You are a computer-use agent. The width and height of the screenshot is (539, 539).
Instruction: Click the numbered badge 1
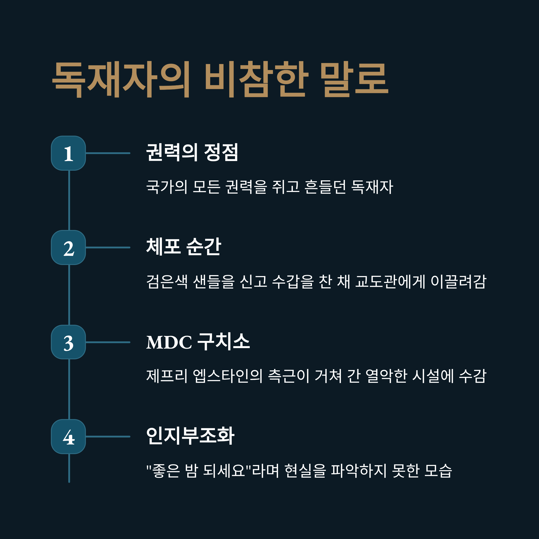click(x=68, y=153)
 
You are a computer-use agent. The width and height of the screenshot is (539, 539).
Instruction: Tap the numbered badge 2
click(x=68, y=247)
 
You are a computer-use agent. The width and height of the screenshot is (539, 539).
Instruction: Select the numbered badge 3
click(x=68, y=342)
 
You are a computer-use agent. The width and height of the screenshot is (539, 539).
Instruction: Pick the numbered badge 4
click(x=68, y=437)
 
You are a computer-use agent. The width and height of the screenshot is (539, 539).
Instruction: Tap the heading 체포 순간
click(x=183, y=247)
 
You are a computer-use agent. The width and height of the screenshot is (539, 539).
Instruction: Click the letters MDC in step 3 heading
click(x=169, y=342)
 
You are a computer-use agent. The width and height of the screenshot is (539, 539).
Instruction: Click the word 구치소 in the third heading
click(x=223, y=341)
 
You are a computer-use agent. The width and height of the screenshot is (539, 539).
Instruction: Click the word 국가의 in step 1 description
click(x=167, y=187)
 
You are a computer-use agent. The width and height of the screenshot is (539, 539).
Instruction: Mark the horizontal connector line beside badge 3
click(x=108, y=342)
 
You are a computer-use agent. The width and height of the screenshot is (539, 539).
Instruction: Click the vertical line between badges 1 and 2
click(x=69, y=200)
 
